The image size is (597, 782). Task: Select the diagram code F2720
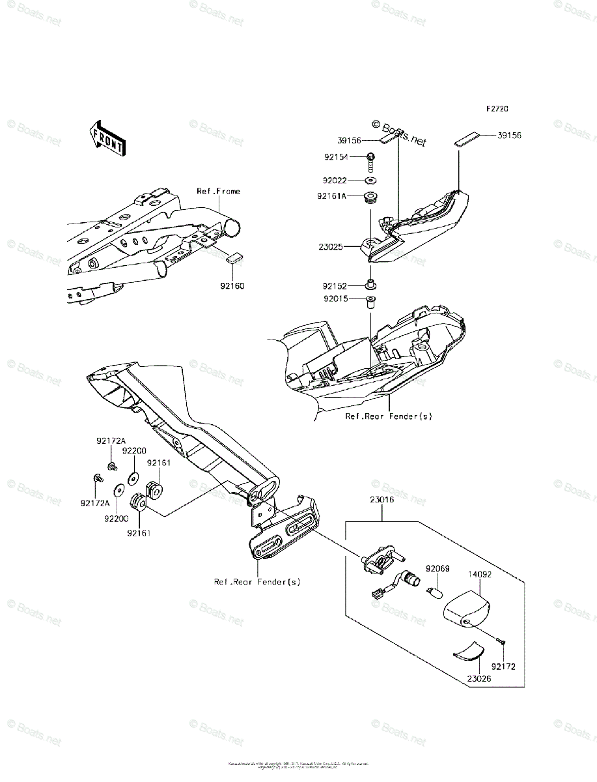495,109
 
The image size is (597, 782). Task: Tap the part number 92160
232,285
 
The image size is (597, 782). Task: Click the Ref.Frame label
218,192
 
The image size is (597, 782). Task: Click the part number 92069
437,569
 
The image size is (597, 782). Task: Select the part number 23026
479,678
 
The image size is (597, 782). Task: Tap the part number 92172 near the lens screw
503,667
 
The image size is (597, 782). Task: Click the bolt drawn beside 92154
371,160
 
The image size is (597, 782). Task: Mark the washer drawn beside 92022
370,180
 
